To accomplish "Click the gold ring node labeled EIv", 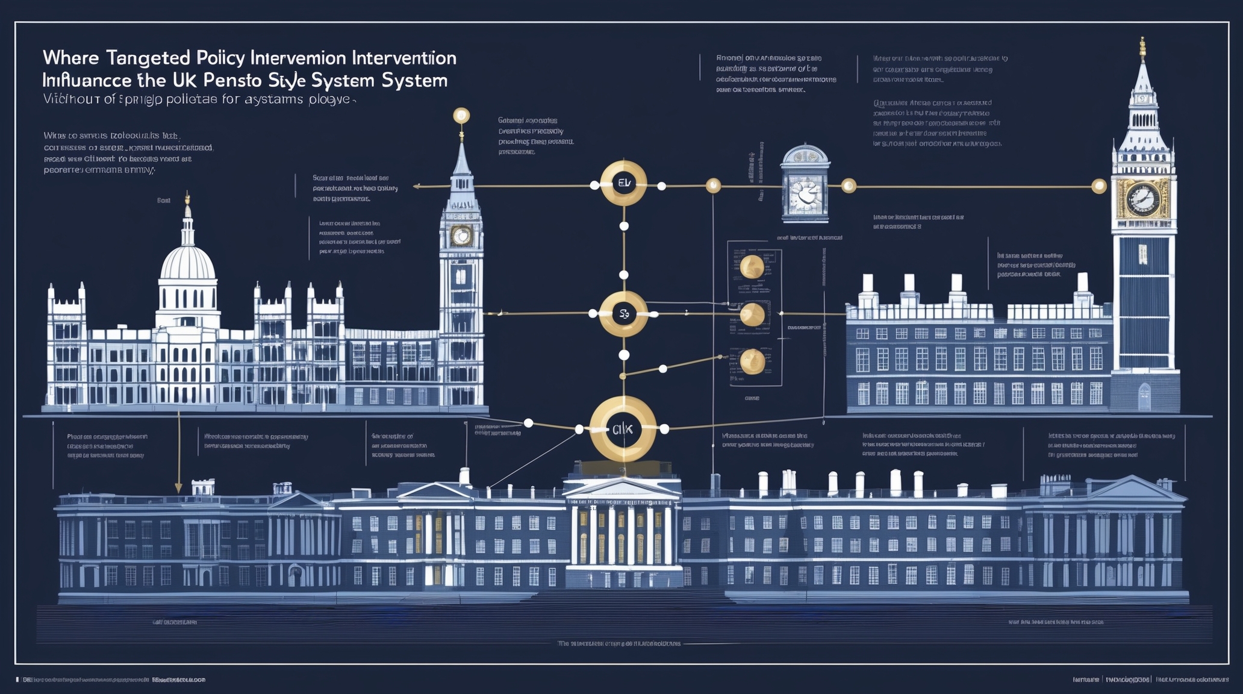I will click(x=623, y=183).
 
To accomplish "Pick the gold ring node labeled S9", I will click(x=623, y=314).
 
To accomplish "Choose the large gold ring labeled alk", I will click(x=623, y=429).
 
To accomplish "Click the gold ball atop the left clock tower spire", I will click(x=461, y=115).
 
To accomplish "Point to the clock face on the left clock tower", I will click(x=461, y=236).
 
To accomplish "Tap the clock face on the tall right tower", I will click(x=1142, y=198).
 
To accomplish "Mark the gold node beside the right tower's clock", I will click(x=1099, y=187).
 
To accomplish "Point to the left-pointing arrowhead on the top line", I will click(x=416, y=187).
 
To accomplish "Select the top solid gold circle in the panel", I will click(x=752, y=267).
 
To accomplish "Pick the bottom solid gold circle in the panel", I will click(x=752, y=361).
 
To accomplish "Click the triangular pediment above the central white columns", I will click(x=622, y=488).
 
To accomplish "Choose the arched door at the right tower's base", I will click(x=1144, y=398).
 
